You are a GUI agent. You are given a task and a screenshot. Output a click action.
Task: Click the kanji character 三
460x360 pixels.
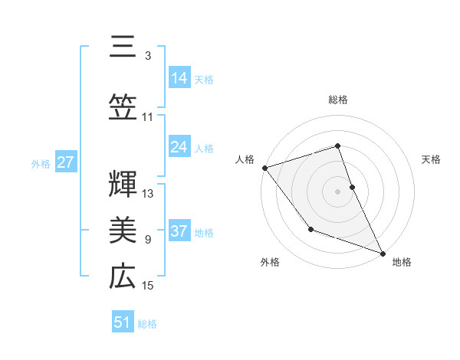click(x=122, y=47)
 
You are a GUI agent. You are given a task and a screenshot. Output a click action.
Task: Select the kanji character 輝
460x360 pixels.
click(x=122, y=182)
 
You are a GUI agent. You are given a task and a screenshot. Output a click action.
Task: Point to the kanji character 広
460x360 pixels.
click(x=122, y=276)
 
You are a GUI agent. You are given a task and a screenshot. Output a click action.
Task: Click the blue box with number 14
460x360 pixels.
click(x=179, y=77)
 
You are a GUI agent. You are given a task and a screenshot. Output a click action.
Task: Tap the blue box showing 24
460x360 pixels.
click(x=179, y=147)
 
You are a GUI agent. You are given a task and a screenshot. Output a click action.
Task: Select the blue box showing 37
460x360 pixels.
click(x=179, y=231)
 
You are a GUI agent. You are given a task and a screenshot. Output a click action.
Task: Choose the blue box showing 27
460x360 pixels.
click(x=65, y=162)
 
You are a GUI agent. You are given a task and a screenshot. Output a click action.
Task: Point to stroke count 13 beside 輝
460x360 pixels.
click(x=149, y=194)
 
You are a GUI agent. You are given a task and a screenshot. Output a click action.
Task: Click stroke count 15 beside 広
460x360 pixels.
click(x=149, y=286)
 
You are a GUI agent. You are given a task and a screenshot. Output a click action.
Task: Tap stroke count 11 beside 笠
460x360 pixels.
click(x=148, y=117)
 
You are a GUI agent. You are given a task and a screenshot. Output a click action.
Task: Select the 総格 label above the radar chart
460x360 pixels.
click(x=338, y=100)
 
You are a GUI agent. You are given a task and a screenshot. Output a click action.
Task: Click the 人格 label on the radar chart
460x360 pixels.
click(x=245, y=159)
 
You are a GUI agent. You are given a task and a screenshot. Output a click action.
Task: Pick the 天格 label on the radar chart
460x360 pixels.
click(x=432, y=159)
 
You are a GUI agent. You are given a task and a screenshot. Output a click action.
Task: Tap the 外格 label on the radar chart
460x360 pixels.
click(x=270, y=263)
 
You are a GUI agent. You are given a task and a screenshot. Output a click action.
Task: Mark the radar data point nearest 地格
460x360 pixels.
click(x=383, y=253)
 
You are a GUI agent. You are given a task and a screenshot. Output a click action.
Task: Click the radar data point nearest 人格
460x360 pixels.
click(x=264, y=168)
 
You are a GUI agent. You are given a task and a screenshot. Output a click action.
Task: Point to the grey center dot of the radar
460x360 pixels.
click(x=338, y=191)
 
